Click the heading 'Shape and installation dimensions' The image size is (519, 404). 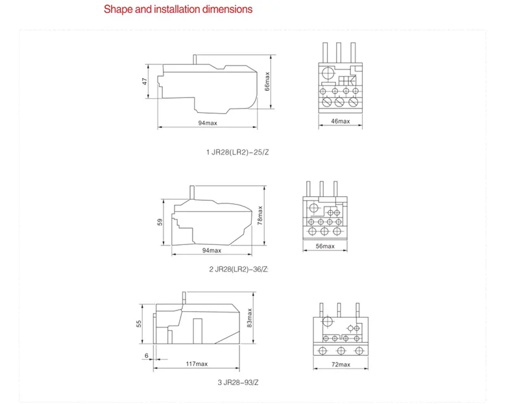[178, 10]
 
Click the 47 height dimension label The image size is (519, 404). [146, 81]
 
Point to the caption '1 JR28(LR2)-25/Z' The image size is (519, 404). [236, 153]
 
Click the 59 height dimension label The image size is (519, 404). [160, 221]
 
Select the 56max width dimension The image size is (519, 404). [325, 246]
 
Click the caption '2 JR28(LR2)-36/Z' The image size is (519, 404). [237, 269]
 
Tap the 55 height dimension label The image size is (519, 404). [139, 324]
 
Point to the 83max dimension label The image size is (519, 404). [250, 321]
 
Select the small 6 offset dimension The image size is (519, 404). [147, 355]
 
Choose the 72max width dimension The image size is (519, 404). [341, 364]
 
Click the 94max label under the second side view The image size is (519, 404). [211, 251]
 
